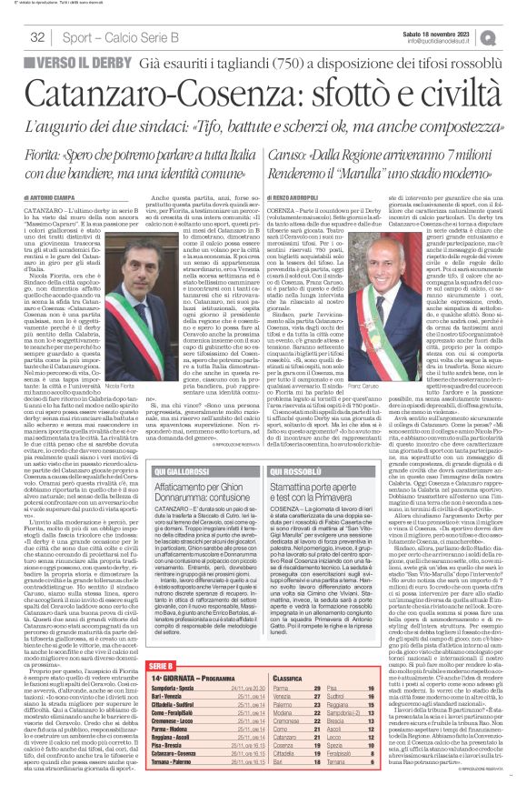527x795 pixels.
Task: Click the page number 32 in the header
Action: [37, 36]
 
